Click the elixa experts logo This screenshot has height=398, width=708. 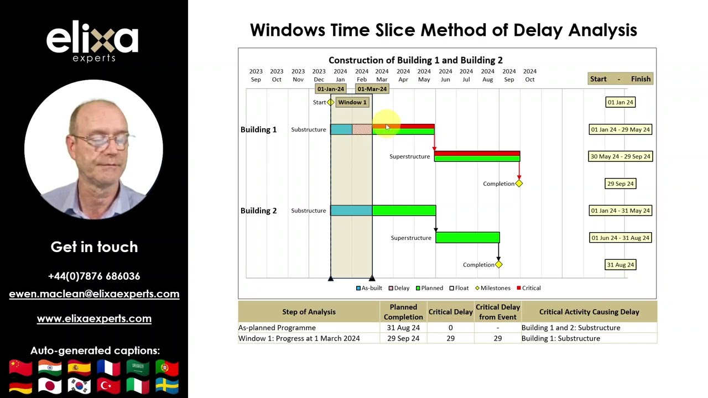click(x=92, y=41)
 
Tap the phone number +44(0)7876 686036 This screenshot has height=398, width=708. click(x=94, y=276)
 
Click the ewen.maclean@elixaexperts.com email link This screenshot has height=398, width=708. click(x=94, y=294)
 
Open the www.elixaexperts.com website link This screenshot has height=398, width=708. click(x=94, y=318)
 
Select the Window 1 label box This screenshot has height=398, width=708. click(x=352, y=102)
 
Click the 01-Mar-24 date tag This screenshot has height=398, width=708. click(x=372, y=89)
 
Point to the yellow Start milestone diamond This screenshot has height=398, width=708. click(x=331, y=102)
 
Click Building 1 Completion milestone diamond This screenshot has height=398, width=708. click(x=519, y=184)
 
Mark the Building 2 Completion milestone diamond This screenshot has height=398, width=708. click(x=498, y=265)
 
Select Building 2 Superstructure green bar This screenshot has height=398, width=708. click(x=467, y=238)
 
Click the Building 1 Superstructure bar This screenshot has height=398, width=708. click(x=477, y=156)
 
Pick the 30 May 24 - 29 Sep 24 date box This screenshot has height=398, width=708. click(x=620, y=156)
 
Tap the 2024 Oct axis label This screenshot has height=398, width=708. click(x=529, y=75)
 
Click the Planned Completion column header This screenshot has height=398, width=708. click(x=403, y=312)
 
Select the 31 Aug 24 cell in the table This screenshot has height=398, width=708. click(x=403, y=328)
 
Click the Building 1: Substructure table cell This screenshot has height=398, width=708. click(x=560, y=338)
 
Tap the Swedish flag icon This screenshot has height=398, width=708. click(x=166, y=386)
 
